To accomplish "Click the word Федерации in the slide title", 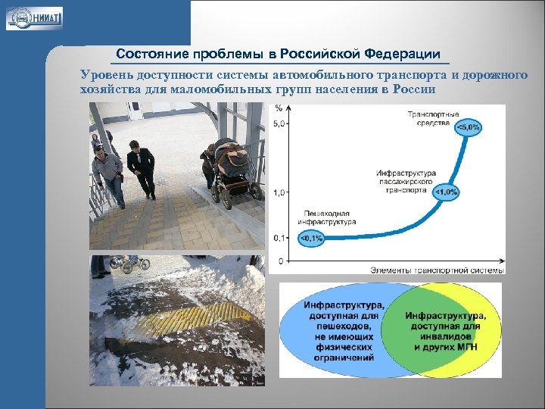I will (x=402, y=54).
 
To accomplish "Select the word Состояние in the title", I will (x=152, y=54).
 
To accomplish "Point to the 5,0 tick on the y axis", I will (x=279, y=123).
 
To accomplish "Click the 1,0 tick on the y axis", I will (x=279, y=192).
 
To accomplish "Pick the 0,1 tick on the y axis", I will (x=279, y=238).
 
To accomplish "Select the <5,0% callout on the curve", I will (x=467, y=127).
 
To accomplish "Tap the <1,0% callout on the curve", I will (x=446, y=192).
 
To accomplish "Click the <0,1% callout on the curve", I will (x=311, y=239).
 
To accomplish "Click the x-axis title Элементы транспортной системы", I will (x=437, y=270).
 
